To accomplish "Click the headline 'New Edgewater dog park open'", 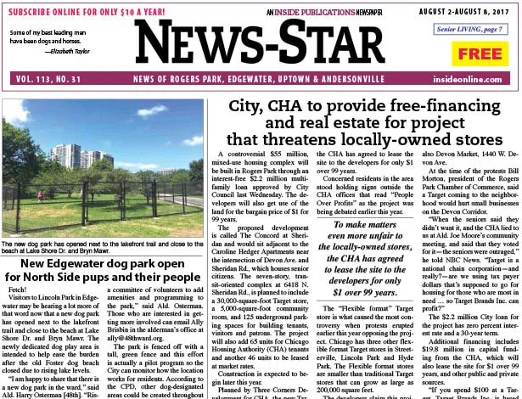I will [x=104, y=240].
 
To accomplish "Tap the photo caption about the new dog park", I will [x=104, y=222].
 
